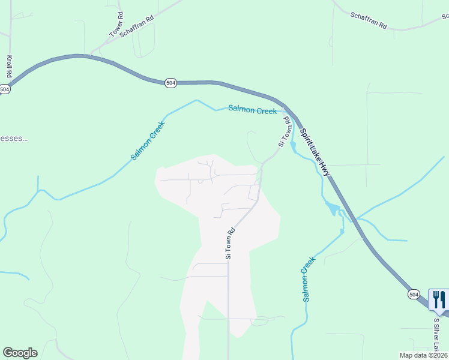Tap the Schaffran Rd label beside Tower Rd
click(137, 26)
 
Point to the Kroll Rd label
click(10, 67)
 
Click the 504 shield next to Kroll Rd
click(5, 89)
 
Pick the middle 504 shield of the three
click(170, 83)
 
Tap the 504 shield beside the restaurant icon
click(414, 294)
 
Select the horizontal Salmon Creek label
click(252, 110)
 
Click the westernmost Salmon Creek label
click(148, 140)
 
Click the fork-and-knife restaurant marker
click(439, 300)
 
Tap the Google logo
click(20, 353)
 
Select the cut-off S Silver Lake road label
click(436, 336)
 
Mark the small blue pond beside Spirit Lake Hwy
click(331, 208)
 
